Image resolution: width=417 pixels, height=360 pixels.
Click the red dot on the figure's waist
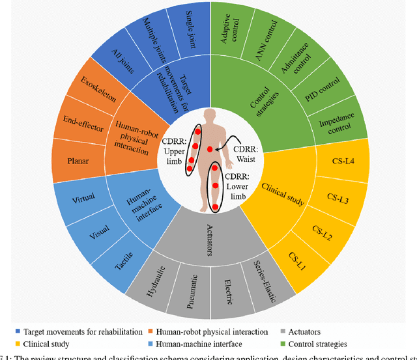(210, 149)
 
